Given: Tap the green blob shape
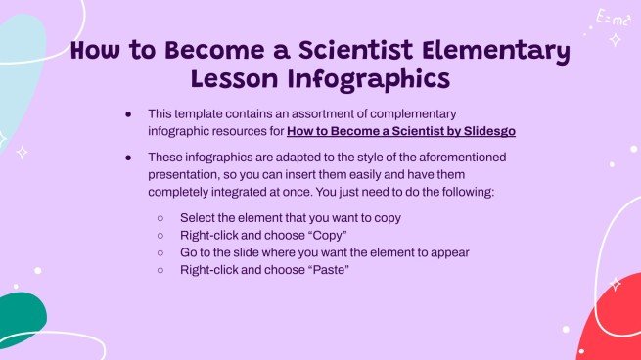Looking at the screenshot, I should (22, 319).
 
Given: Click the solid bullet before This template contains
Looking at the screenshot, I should (127, 113).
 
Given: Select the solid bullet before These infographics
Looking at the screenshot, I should (127, 157).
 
